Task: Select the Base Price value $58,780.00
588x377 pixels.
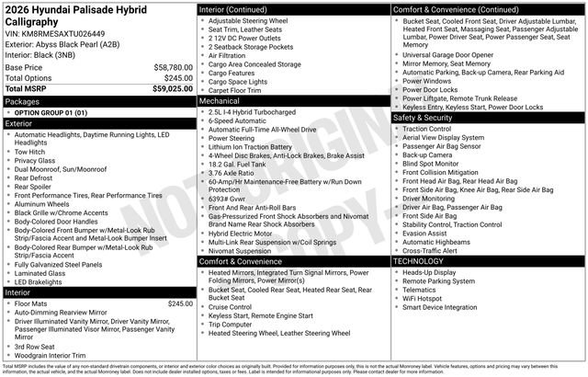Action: click(172, 68)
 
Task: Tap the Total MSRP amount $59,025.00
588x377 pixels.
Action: click(172, 88)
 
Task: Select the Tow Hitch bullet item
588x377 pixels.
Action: click(31, 152)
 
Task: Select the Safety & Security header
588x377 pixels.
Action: click(423, 118)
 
